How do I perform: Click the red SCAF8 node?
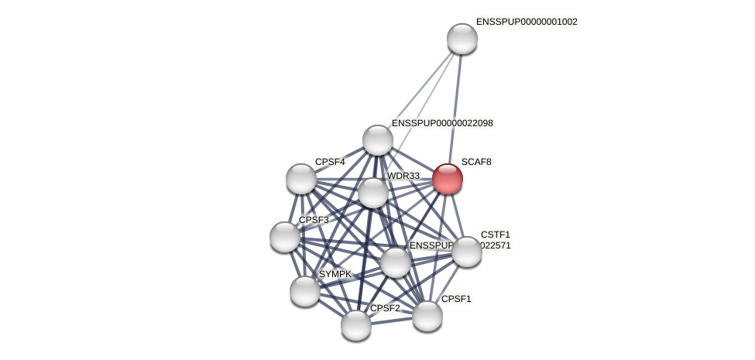pyautogui.click(x=448, y=179)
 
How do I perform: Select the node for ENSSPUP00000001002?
pyautogui.click(x=462, y=39)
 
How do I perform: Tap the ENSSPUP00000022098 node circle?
pyautogui.click(x=378, y=140)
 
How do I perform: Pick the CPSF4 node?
pyautogui.click(x=301, y=179)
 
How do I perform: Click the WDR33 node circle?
pyautogui.click(x=373, y=193)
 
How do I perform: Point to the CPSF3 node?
pyautogui.click(x=285, y=236)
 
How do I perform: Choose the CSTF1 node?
pyautogui.click(x=467, y=252)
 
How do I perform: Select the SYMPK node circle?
pyautogui.click(x=305, y=290)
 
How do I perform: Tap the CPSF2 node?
pyautogui.click(x=356, y=324)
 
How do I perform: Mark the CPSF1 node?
pyautogui.click(x=427, y=316)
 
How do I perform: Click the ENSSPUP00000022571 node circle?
pyautogui.click(x=396, y=262)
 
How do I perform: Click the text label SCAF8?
pyautogui.click(x=476, y=162)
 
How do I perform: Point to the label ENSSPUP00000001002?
pyautogui.click(x=527, y=22)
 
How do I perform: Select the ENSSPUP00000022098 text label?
pyautogui.click(x=442, y=123)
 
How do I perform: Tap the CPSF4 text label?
pyautogui.click(x=330, y=162)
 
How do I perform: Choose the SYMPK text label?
pyautogui.click(x=335, y=274)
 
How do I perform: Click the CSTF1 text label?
pyautogui.click(x=496, y=235)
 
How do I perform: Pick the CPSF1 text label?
pyautogui.click(x=456, y=299)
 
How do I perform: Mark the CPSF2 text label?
pyautogui.click(x=385, y=308)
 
